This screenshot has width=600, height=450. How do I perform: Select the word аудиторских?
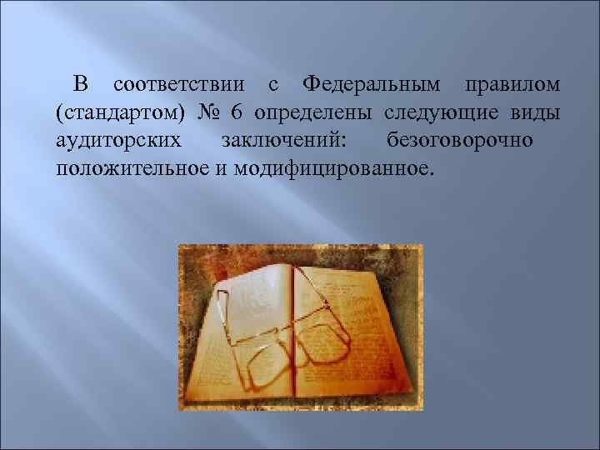[x=119, y=140]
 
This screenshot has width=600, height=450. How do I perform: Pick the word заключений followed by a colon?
[x=286, y=140]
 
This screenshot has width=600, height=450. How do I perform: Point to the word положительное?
[x=139, y=167]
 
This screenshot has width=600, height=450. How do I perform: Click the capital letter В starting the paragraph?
[x=80, y=84]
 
